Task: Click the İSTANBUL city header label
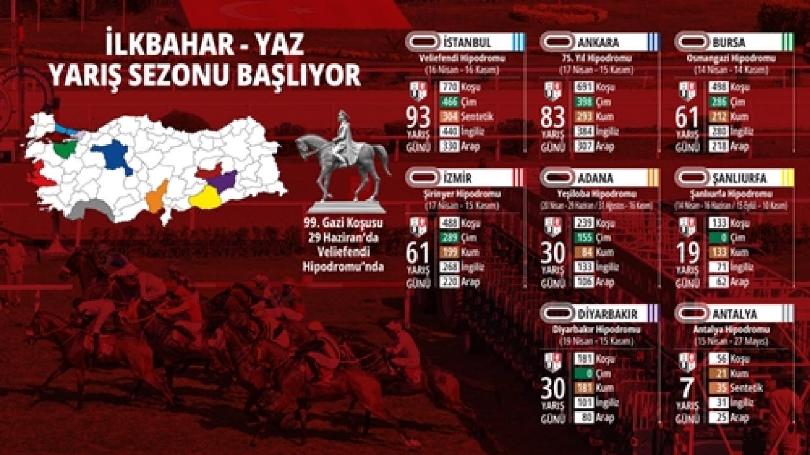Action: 468,43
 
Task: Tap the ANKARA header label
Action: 598,43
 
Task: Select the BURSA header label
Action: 728,43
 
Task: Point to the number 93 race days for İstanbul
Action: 420,118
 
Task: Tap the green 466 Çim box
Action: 450,102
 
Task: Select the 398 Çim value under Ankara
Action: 585,102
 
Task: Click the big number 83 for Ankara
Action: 553,118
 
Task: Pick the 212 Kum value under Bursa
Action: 720,116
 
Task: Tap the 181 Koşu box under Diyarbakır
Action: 585,359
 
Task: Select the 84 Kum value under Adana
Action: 585,252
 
